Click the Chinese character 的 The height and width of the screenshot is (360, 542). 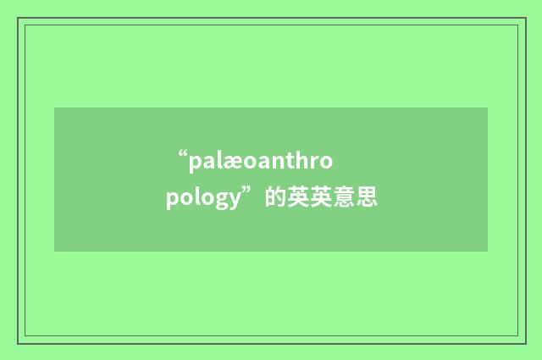(x=274, y=199)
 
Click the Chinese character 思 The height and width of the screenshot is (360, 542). (x=367, y=199)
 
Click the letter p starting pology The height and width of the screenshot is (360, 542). (x=173, y=203)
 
